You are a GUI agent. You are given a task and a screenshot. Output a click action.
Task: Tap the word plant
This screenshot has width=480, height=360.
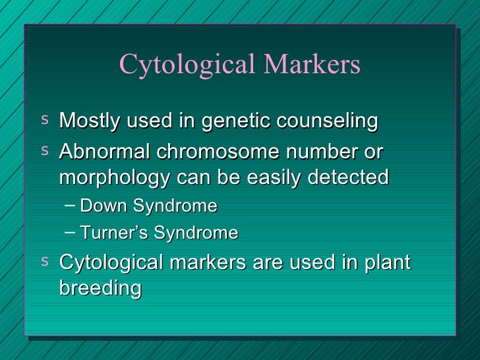pos(386,262)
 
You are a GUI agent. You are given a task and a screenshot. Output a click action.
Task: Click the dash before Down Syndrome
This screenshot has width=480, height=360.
pos(70,205)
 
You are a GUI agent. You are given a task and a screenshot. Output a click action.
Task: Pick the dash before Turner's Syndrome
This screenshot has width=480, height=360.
pos(70,231)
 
